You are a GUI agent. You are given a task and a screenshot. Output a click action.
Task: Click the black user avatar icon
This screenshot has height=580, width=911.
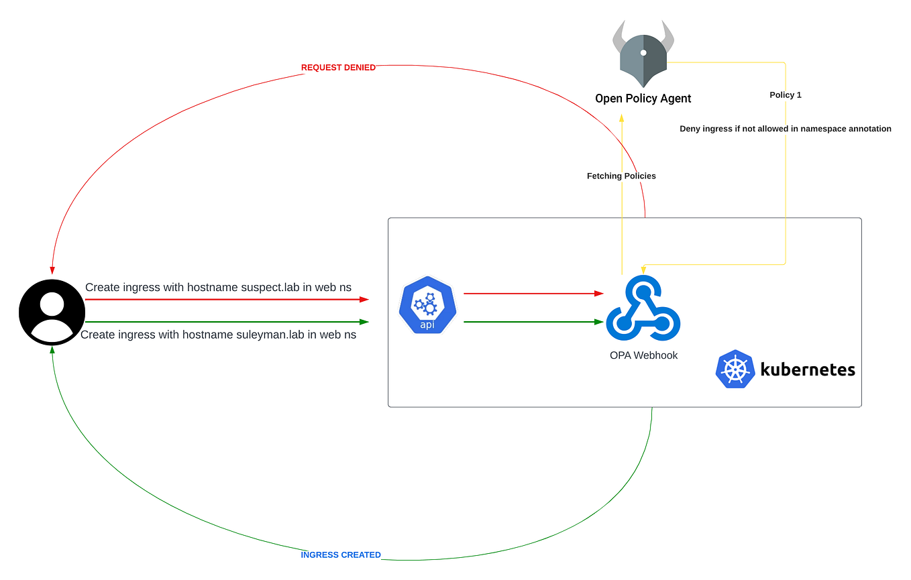(52, 312)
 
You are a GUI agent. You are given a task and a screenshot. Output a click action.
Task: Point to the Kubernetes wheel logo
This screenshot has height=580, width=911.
(735, 369)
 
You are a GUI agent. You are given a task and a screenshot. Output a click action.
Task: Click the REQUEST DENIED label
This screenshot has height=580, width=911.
(338, 68)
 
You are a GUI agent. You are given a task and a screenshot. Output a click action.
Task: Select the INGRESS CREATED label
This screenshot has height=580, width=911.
(341, 555)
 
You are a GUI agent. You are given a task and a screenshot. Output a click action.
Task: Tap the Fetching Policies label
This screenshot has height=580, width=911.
(621, 176)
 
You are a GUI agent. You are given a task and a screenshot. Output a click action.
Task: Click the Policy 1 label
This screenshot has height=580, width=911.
(786, 95)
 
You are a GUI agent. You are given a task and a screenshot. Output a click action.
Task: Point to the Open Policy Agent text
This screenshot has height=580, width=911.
(643, 99)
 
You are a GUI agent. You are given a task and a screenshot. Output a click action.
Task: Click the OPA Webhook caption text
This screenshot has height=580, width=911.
(643, 355)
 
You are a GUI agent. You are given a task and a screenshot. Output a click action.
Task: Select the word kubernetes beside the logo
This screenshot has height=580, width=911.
(808, 369)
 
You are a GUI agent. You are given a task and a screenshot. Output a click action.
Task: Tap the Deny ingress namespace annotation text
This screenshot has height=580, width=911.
(786, 129)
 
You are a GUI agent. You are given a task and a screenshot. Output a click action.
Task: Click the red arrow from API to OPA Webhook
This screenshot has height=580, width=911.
(533, 293)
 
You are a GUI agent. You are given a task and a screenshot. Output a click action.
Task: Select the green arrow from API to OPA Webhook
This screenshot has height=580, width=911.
(533, 322)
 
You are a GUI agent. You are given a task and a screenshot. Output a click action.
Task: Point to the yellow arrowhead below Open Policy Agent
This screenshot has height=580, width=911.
(622, 117)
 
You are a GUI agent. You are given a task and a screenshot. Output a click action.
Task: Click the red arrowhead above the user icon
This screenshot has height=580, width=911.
(52, 270)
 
